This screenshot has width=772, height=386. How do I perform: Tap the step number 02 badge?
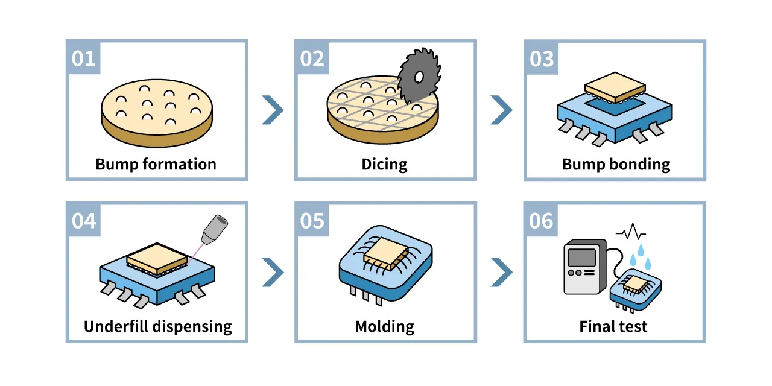[x=312, y=59]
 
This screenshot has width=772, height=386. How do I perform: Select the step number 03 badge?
[x=541, y=59]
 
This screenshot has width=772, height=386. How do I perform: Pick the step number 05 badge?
[x=312, y=221]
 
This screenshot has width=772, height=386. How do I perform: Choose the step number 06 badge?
[x=541, y=221]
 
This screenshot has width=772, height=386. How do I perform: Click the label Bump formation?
[x=156, y=164]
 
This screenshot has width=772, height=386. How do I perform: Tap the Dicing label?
[x=384, y=164]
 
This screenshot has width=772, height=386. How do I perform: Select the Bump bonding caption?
[x=615, y=164]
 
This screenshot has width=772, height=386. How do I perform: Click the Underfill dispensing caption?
[x=157, y=327]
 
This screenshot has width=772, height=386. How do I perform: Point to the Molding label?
[x=384, y=327]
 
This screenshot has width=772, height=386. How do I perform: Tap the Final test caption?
[x=613, y=327]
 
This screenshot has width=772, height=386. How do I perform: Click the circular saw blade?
[x=419, y=76]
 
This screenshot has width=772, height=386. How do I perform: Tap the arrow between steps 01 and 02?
[x=272, y=110]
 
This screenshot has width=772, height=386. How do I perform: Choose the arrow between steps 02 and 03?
[x=501, y=110]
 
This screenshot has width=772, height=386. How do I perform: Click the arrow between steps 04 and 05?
[x=272, y=272]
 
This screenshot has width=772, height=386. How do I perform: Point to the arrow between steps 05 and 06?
[x=501, y=272]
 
